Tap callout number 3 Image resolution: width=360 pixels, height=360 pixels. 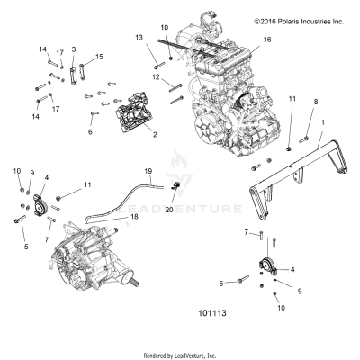coord(73,49)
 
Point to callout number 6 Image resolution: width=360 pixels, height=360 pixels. coord(90,131)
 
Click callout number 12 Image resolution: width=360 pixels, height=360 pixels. coord(155,78)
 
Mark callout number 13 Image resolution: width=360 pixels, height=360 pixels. coord(139,37)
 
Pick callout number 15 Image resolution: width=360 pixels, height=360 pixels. coord(99,57)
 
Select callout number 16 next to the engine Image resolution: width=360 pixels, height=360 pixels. coord(266,40)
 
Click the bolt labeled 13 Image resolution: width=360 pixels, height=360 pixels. coord(157,62)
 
